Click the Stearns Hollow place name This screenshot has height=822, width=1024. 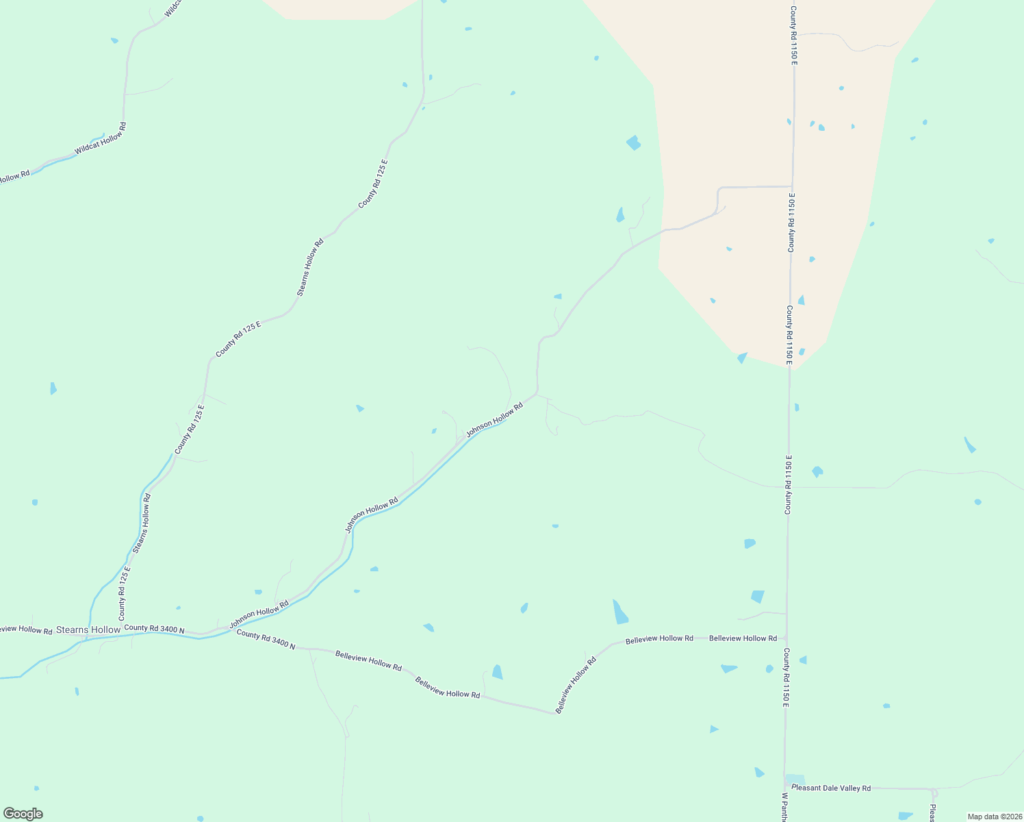[x=88, y=630]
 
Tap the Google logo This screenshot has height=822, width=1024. [x=23, y=814]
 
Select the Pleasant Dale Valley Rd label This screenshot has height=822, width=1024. [x=830, y=788]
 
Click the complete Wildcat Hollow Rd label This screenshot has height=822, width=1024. [x=100, y=142]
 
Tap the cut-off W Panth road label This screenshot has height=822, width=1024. [x=784, y=808]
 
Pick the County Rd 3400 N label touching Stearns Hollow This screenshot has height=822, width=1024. [x=154, y=628]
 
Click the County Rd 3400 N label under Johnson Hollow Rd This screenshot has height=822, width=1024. [x=266, y=640]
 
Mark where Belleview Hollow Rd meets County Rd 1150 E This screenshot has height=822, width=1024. [x=786, y=638]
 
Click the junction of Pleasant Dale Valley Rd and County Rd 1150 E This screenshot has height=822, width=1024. [x=784, y=788]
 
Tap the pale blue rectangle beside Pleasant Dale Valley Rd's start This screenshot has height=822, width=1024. [x=795, y=779]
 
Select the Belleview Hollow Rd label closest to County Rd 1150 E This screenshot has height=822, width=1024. [x=743, y=638]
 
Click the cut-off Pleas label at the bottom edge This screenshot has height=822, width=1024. [x=932, y=813]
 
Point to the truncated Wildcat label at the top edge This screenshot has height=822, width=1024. [x=173, y=8]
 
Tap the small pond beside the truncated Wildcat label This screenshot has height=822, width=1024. [x=114, y=40]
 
